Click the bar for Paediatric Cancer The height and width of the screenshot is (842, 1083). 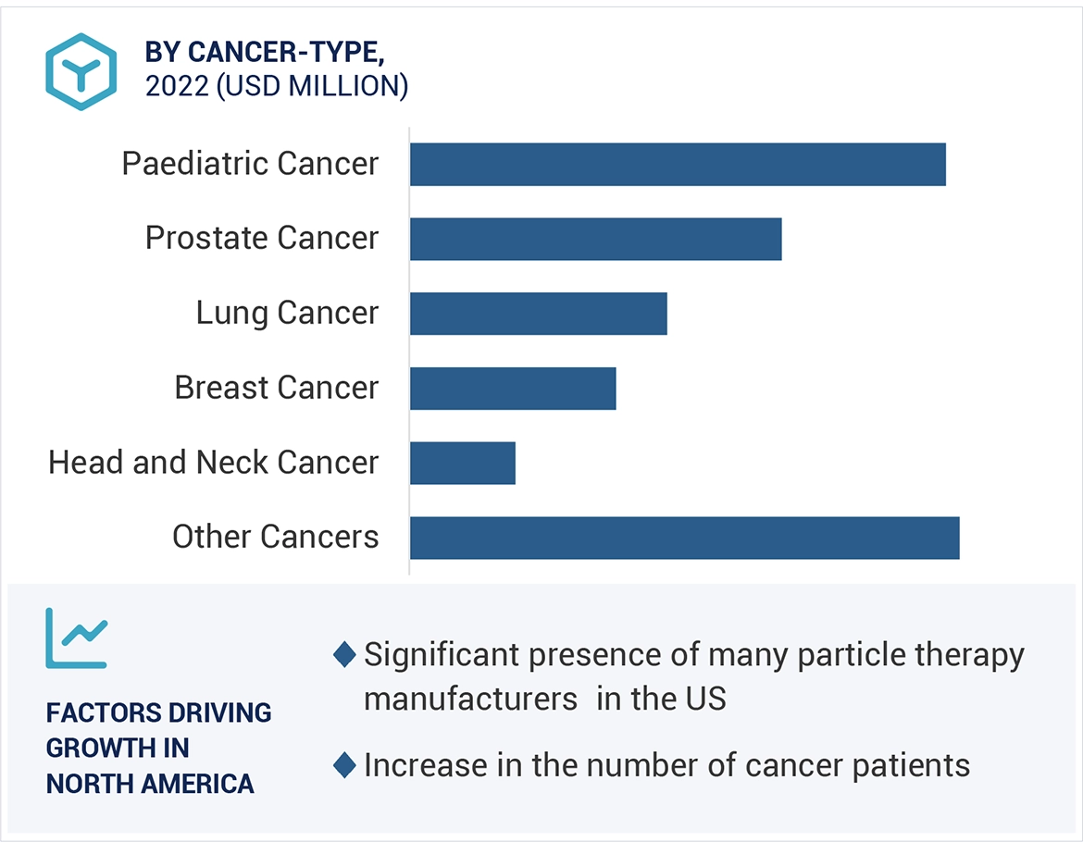[678, 165]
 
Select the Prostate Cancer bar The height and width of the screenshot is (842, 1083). [595, 239]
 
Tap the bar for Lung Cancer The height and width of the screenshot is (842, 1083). [538, 314]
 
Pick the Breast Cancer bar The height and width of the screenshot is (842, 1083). [513, 389]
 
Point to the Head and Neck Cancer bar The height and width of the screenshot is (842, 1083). [462, 463]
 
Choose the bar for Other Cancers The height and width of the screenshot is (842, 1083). [684, 538]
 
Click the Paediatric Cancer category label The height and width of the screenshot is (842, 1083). [250, 164]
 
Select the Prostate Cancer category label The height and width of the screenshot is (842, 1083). [262, 238]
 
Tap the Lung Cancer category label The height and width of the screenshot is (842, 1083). [287, 313]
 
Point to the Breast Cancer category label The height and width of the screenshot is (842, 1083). [276, 388]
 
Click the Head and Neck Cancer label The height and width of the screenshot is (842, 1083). [213, 462]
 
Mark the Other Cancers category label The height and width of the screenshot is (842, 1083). [275, 537]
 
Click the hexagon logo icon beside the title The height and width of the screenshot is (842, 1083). [81, 71]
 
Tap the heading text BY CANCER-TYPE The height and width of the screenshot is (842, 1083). [265, 53]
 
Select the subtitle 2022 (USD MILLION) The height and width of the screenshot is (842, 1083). [277, 86]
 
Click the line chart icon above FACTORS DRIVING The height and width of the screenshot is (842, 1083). [76, 638]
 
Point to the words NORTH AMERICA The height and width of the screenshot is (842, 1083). [150, 784]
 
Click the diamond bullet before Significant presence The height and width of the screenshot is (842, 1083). [344, 655]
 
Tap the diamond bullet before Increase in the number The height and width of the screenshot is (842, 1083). [344, 766]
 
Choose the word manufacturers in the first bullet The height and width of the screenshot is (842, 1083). [470, 699]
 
